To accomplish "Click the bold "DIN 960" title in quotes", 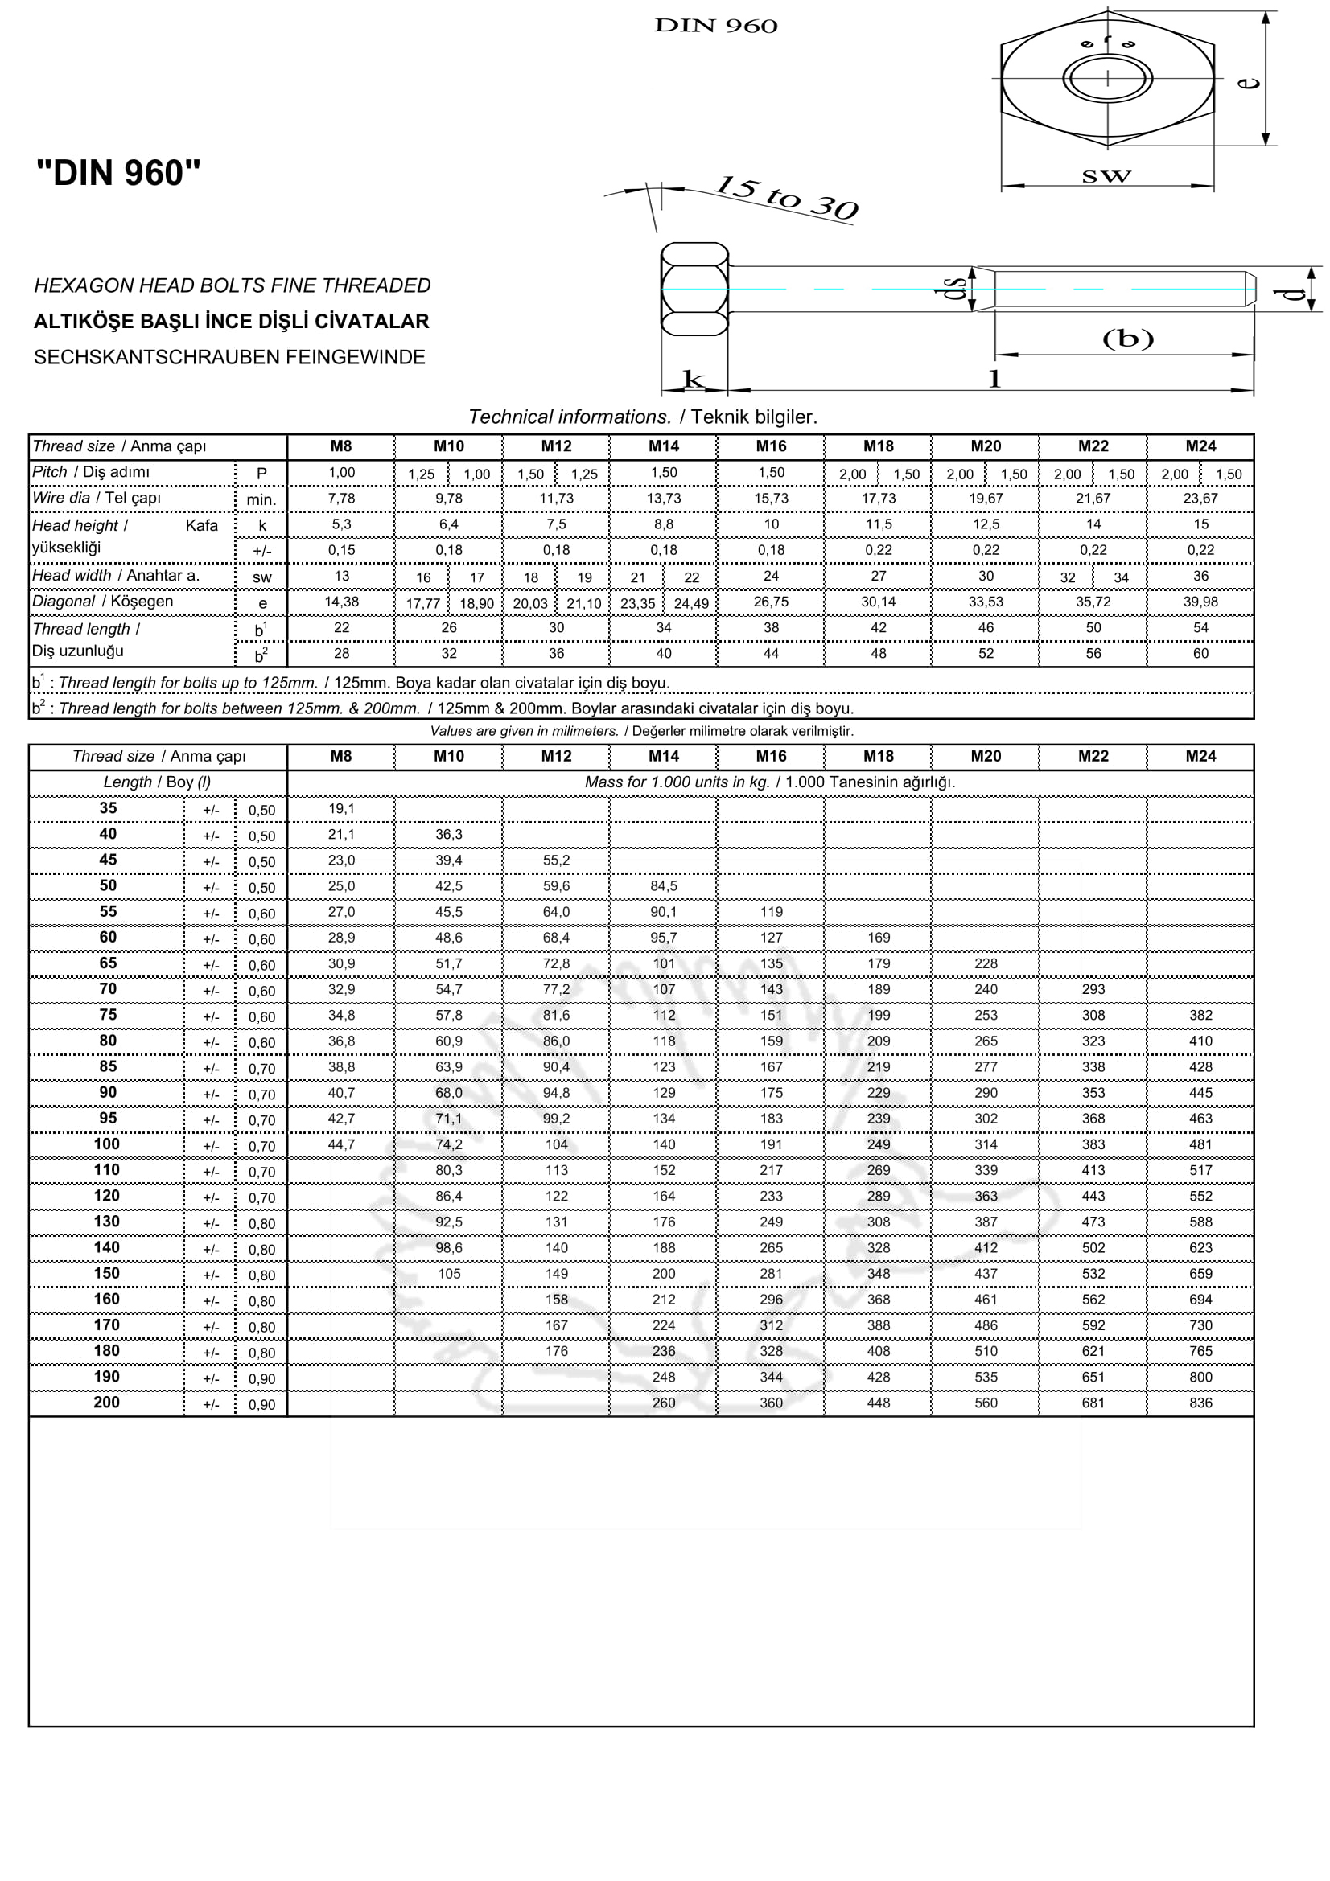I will click(x=118, y=173).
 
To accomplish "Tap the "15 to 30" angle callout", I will click(x=785, y=199).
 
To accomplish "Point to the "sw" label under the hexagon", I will click(x=1106, y=175).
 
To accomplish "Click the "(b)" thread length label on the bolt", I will click(x=1127, y=338).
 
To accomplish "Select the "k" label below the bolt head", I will click(x=694, y=379).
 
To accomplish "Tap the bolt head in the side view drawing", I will click(x=694, y=290).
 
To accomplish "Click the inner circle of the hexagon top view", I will click(x=1107, y=79).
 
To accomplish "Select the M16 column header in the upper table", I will click(x=770, y=446).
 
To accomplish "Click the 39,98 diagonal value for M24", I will click(x=1200, y=602).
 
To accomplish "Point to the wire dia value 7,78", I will click(x=341, y=498).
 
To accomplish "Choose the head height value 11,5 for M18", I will click(x=878, y=524).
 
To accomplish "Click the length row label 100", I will click(x=106, y=1144).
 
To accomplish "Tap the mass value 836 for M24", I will click(x=1200, y=1403).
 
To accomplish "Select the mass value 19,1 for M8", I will click(x=341, y=808).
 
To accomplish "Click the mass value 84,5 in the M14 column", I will click(x=663, y=886).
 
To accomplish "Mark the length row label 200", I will click(x=106, y=1402).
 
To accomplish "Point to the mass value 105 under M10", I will click(x=448, y=1274).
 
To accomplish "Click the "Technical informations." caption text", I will click(x=570, y=417).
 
